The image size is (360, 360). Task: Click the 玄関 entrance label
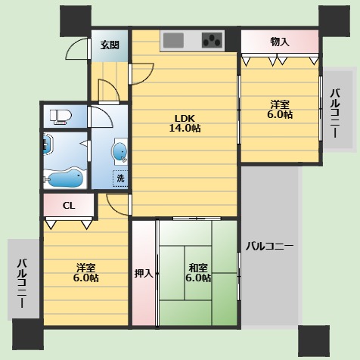pos(110,45)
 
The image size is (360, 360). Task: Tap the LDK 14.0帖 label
pos(185,123)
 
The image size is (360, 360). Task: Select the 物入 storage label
pos(280,42)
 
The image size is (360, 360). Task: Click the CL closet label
pos(69,206)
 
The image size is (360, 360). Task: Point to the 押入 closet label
pos(144,273)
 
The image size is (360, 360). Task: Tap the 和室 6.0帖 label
pos(198,273)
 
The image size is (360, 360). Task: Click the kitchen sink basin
pos(173,41)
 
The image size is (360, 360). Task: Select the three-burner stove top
pos(213,41)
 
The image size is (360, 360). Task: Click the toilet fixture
pos(61,116)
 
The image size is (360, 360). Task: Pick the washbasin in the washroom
pos(120,152)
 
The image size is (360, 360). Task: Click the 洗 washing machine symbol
pos(120,178)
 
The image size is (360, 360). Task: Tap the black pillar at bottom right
pos(314,340)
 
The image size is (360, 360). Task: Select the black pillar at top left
pos(76,21)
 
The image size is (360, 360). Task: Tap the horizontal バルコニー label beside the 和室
pos(269,246)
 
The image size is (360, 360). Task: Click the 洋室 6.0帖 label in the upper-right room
pos(280,110)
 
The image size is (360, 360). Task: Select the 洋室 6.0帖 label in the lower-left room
pos(86,273)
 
